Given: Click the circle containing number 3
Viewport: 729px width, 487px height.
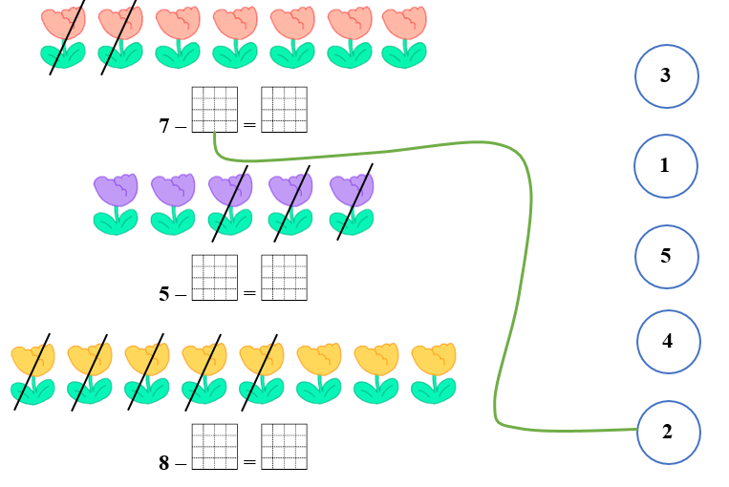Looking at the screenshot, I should point(666,75).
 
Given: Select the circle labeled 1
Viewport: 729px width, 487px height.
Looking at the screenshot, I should point(665,165).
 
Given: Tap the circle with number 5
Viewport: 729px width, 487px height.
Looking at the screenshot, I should point(666,256).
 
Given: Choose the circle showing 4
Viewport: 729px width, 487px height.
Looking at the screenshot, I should point(668,341).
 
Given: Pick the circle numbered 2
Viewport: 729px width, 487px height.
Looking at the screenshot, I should point(668,432).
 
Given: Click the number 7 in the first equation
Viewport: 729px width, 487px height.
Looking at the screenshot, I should point(164,125).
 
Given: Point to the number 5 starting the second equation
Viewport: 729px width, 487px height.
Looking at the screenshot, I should point(164,294).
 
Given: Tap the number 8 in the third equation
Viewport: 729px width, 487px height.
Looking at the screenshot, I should point(164,463).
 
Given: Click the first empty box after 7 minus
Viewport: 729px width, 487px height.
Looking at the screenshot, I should point(214,109).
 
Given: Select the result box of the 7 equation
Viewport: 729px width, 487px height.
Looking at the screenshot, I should point(284,109).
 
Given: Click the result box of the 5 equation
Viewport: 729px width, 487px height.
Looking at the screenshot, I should point(284,278).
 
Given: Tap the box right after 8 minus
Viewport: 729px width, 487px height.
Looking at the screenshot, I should point(214,446).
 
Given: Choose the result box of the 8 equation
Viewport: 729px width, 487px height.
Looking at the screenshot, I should point(284,446).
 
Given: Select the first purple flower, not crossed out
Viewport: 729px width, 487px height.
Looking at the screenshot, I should point(116,203).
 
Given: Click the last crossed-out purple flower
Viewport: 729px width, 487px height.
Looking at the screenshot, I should point(352,203).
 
